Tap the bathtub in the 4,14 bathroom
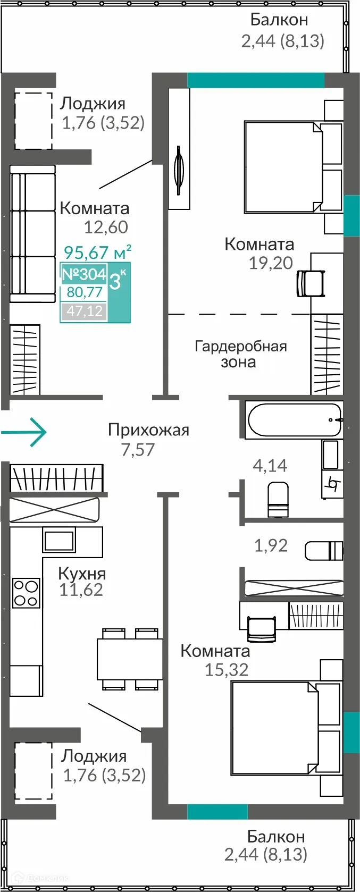293,420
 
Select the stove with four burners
26,593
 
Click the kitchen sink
58,541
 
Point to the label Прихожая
148,430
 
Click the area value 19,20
271,263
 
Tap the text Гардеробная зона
240,354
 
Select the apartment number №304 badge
84,274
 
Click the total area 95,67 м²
97,251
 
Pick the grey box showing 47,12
84,310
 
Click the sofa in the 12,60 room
32,234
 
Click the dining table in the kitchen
129,659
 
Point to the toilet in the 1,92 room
324,550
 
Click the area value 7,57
138,450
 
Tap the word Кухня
82,574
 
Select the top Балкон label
279,20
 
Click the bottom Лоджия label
94,756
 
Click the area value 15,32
227,670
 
